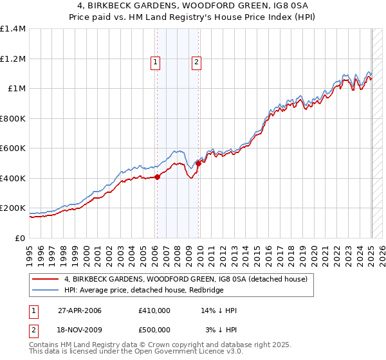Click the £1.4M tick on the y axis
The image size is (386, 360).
click(x=12, y=29)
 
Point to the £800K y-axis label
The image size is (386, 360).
click(x=12, y=118)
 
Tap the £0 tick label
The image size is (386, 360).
click(x=20, y=238)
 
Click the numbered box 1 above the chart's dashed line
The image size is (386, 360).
click(x=156, y=62)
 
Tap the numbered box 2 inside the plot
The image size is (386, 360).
click(x=196, y=62)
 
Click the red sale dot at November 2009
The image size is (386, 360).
click(x=198, y=163)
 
